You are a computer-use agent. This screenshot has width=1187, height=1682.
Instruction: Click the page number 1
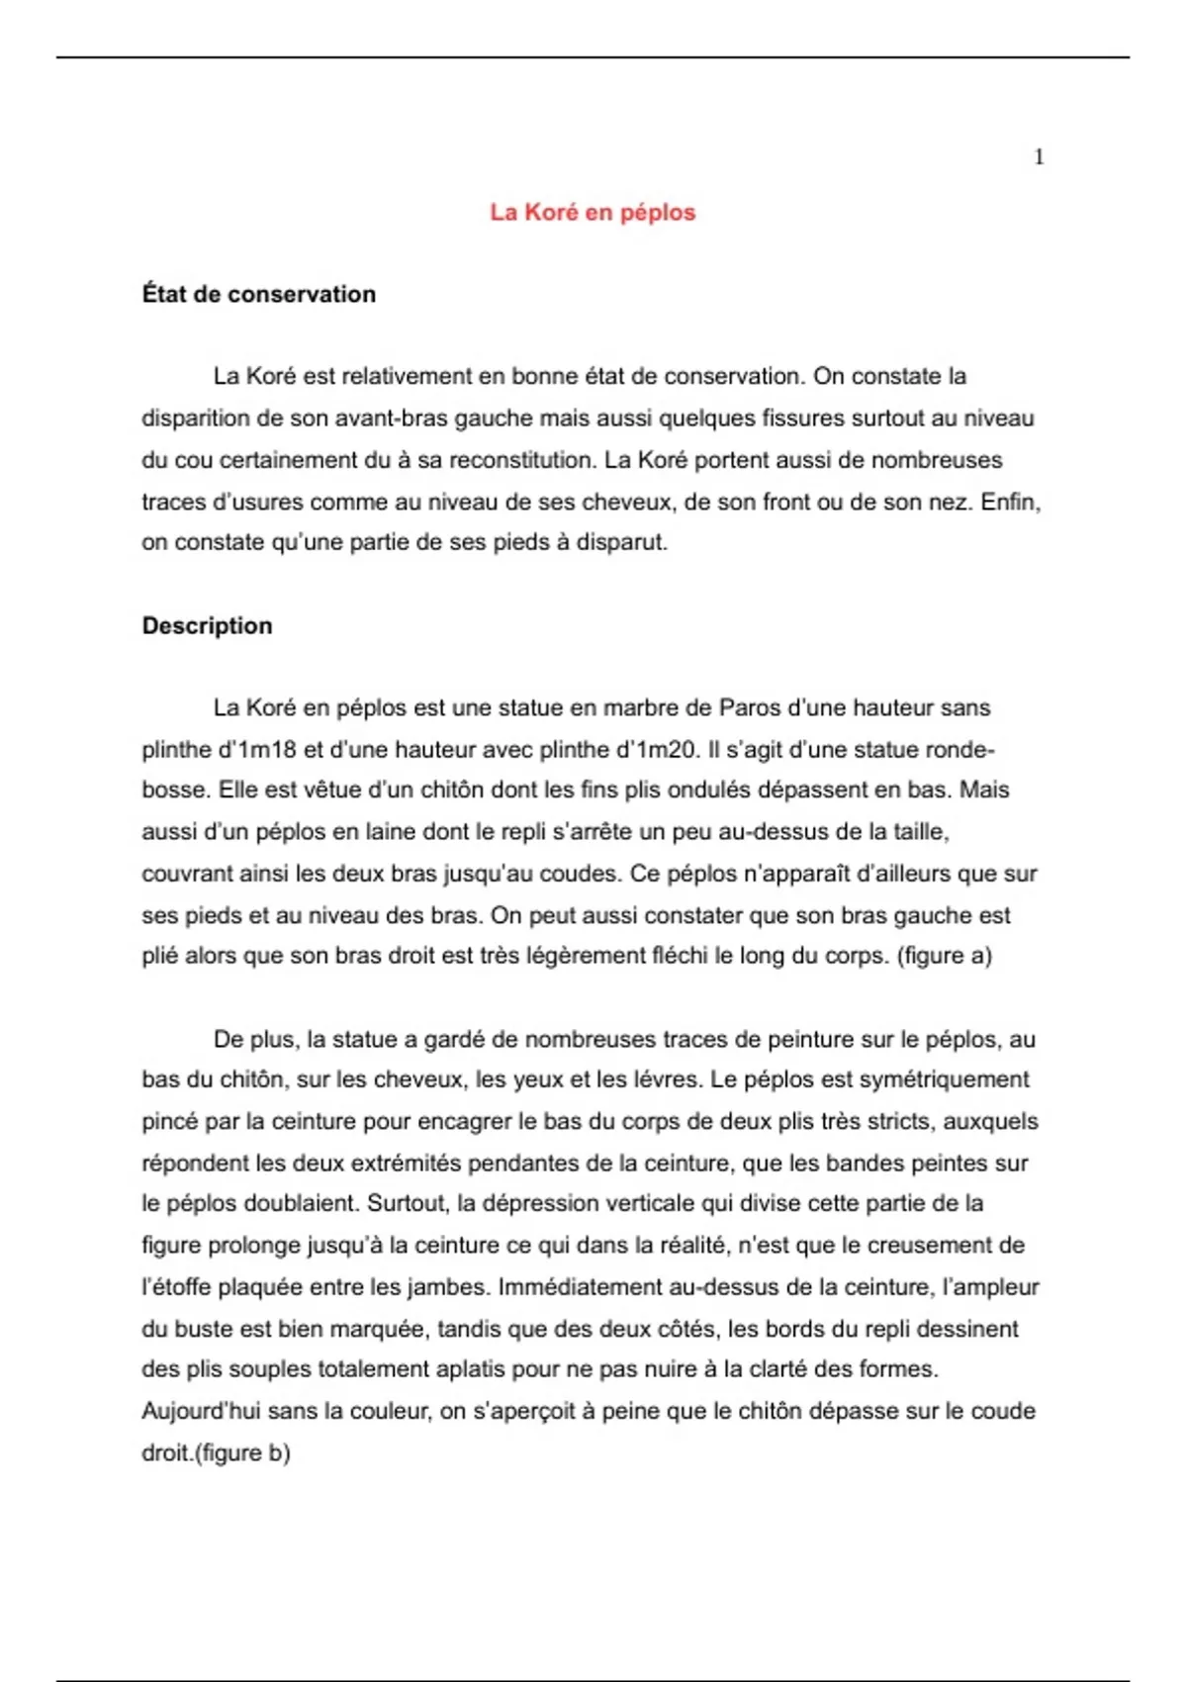(x=1039, y=157)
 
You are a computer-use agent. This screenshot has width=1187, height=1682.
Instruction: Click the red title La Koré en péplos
(x=593, y=213)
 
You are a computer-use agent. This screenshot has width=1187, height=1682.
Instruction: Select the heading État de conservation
(x=259, y=295)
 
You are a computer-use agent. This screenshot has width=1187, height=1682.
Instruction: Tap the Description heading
(x=208, y=626)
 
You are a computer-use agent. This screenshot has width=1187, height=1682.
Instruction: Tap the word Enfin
(x=1010, y=502)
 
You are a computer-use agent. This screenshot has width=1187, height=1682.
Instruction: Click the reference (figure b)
(x=242, y=1453)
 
